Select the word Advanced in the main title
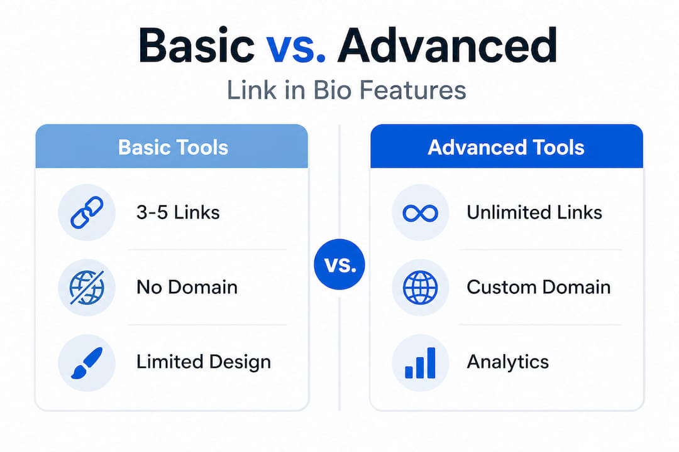coord(448,45)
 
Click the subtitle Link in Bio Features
coord(346,90)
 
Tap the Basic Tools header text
coord(174,148)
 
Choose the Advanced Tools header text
coord(506,148)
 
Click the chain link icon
coord(87,212)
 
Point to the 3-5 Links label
coord(178,212)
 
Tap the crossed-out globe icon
coord(87,287)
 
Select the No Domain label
coord(187,287)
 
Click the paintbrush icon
coord(87,362)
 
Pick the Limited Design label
coord(204,362)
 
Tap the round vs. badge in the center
coord(339,264)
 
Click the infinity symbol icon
coord(421,213)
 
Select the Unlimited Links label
coord(534,212)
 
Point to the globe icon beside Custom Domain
coord(420,287)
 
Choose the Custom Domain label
coord(539,287)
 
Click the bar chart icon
coord(420,363)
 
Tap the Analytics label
coord(507,362)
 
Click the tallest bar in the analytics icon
coord(431,363)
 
